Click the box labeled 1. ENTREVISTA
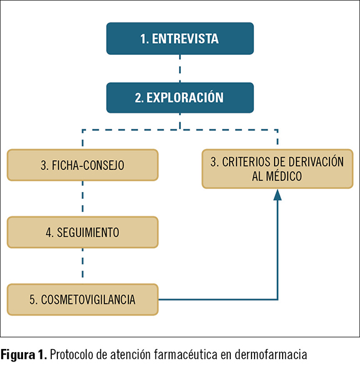pyautogui.click(x=180, y=39)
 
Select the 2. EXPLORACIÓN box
pyautogui.click(x=180, y=98)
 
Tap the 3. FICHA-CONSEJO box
pyautogui.click(x=82, y=165)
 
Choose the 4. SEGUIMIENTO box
pyautogui.click(x=82, y=233)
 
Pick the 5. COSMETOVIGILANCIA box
pyautogui.click(x=82, y=300)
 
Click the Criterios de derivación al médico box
pyautogui.click(x=278, y=169)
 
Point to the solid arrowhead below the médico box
pyautogui.click(x=278, y=195)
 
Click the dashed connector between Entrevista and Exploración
pyautogui.click(x=180, y=69)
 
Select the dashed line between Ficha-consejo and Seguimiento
pyautogui.click(x=82, y=199)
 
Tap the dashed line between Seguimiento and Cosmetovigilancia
pyautogui.click(x=82, y=266)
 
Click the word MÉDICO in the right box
pyautogui.click(x=284, y=176)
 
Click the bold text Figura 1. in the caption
pyautogui.click(x=24, y=355)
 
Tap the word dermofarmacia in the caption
pyautogui.click(x=271, y=355)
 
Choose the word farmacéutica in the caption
pyautogui.click(x=185, y=355)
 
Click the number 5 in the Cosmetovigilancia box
pyautogui.click(x=32, y=300)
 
